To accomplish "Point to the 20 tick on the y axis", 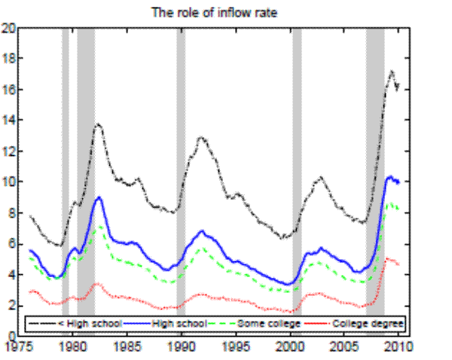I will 9,28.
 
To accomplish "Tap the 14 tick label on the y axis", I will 9,121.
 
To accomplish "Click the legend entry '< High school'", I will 72,323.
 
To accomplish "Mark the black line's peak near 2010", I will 392,71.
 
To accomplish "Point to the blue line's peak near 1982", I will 99,197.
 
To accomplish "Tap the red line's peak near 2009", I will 387,258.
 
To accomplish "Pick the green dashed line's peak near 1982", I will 99,225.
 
